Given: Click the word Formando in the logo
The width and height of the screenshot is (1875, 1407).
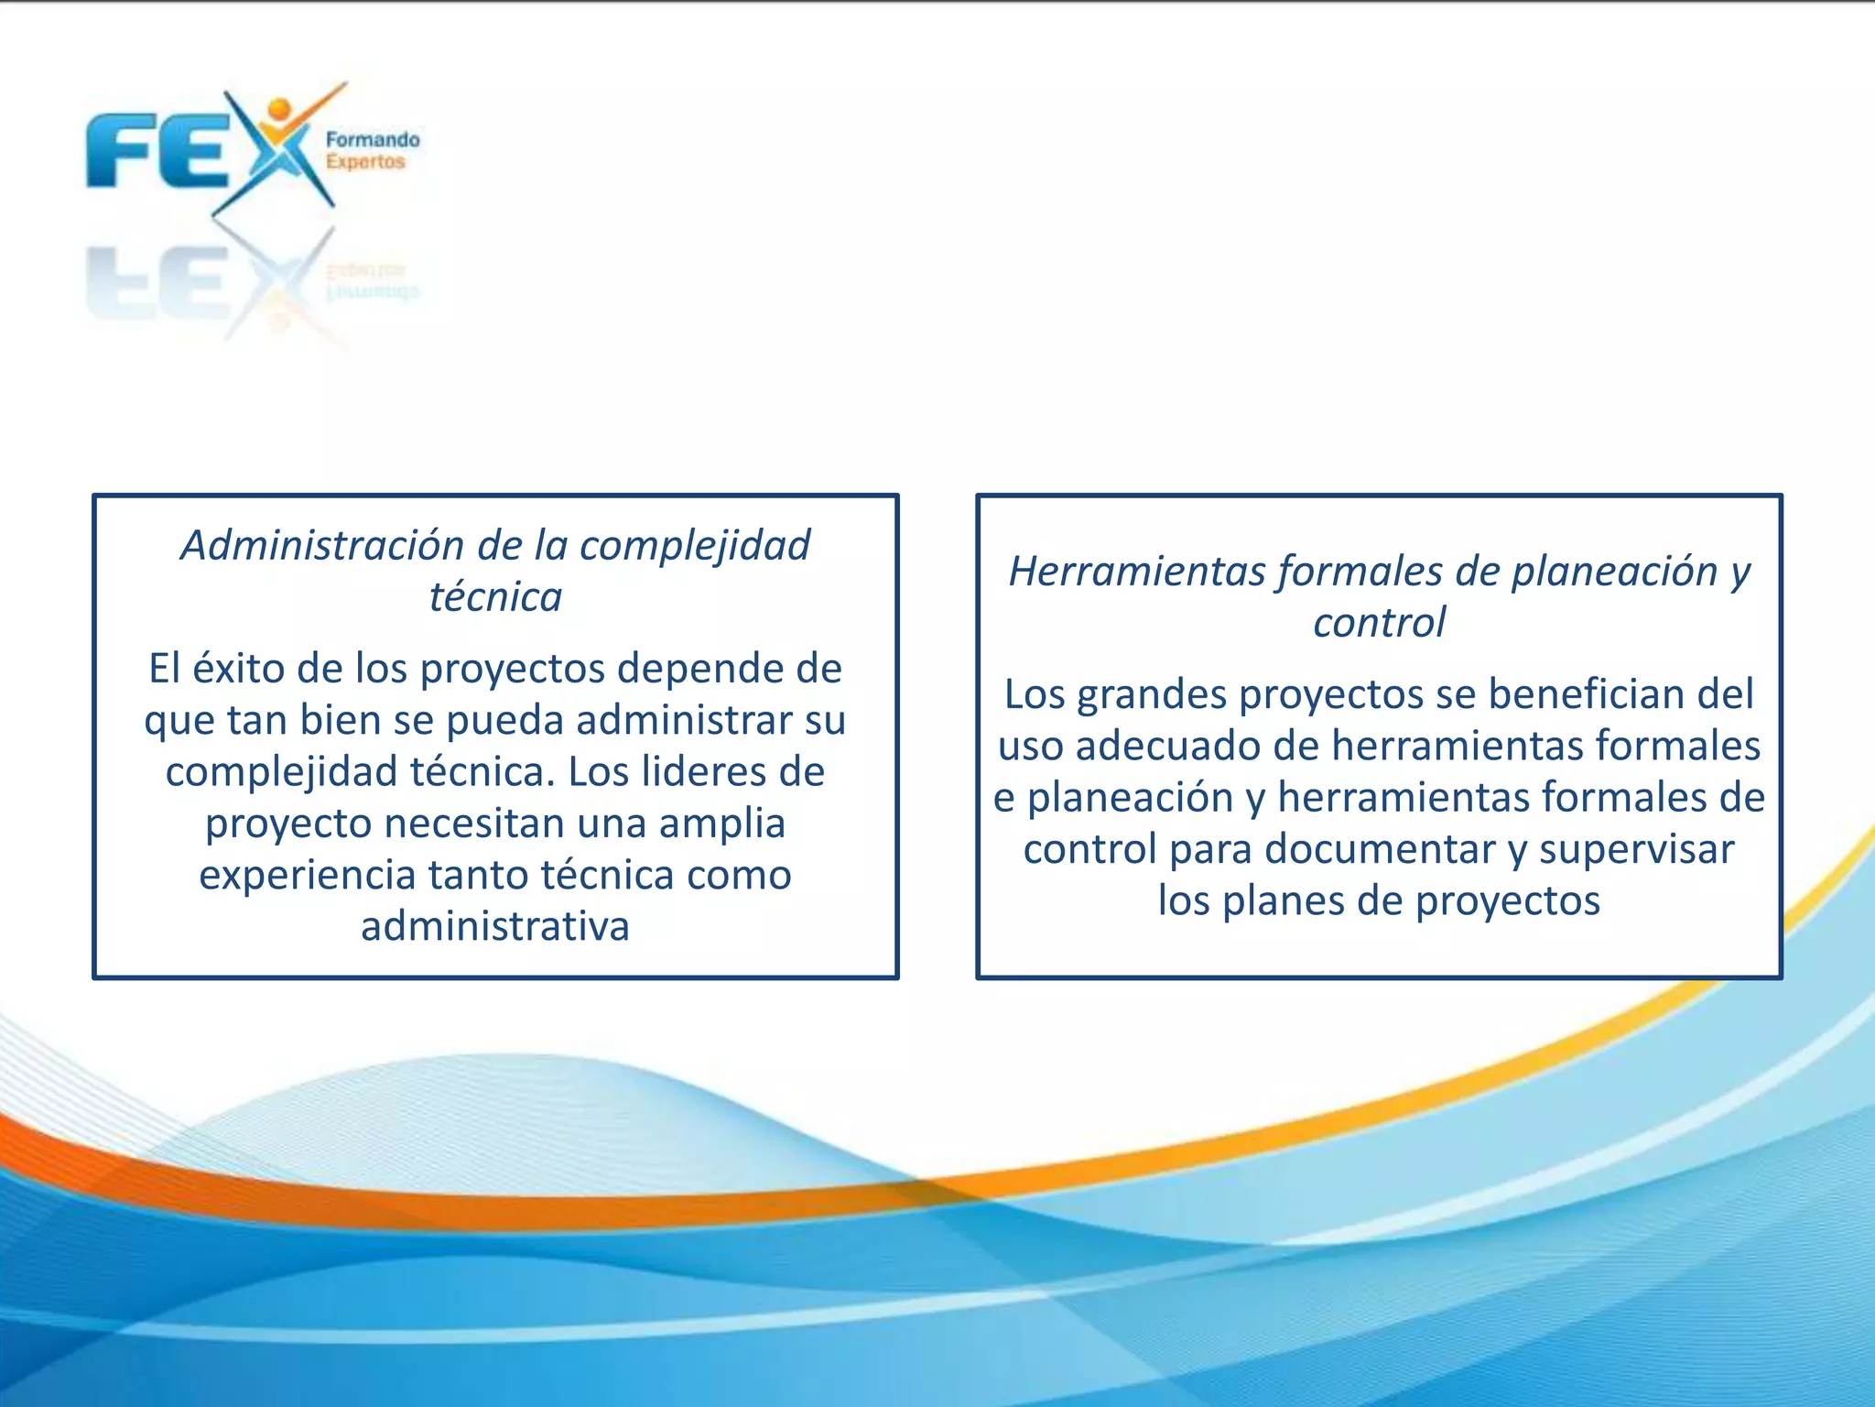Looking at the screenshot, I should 373,140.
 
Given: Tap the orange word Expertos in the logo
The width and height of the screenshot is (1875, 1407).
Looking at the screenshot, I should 365,162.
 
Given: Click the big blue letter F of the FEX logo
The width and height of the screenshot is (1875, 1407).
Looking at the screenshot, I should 119,150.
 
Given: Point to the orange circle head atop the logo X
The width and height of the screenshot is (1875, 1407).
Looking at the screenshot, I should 279,110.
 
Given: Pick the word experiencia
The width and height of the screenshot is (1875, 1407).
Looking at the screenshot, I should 308,876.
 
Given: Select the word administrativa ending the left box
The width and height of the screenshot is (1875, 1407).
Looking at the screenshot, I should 495,927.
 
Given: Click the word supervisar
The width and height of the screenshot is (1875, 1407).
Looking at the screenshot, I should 1636,849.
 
